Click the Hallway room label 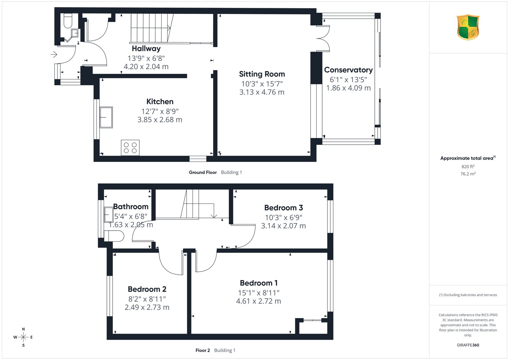[146, 49]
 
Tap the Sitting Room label [262, 74]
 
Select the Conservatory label [348, 70]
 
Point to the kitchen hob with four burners [130, 148]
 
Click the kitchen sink [106, 117]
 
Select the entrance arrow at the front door [54, 54]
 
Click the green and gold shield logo [468, 27]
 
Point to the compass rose [23, 337]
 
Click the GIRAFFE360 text [468, 345]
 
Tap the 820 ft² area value [468, 167]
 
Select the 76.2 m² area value [468, 174]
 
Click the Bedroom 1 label [259, 283]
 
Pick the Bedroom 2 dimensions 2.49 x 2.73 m [147, 307]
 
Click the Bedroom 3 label [283, 208]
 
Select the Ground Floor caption [203, 172]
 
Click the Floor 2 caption [203, 350]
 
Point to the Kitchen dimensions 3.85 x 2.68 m [160, 120]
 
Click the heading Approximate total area [467, 158]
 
